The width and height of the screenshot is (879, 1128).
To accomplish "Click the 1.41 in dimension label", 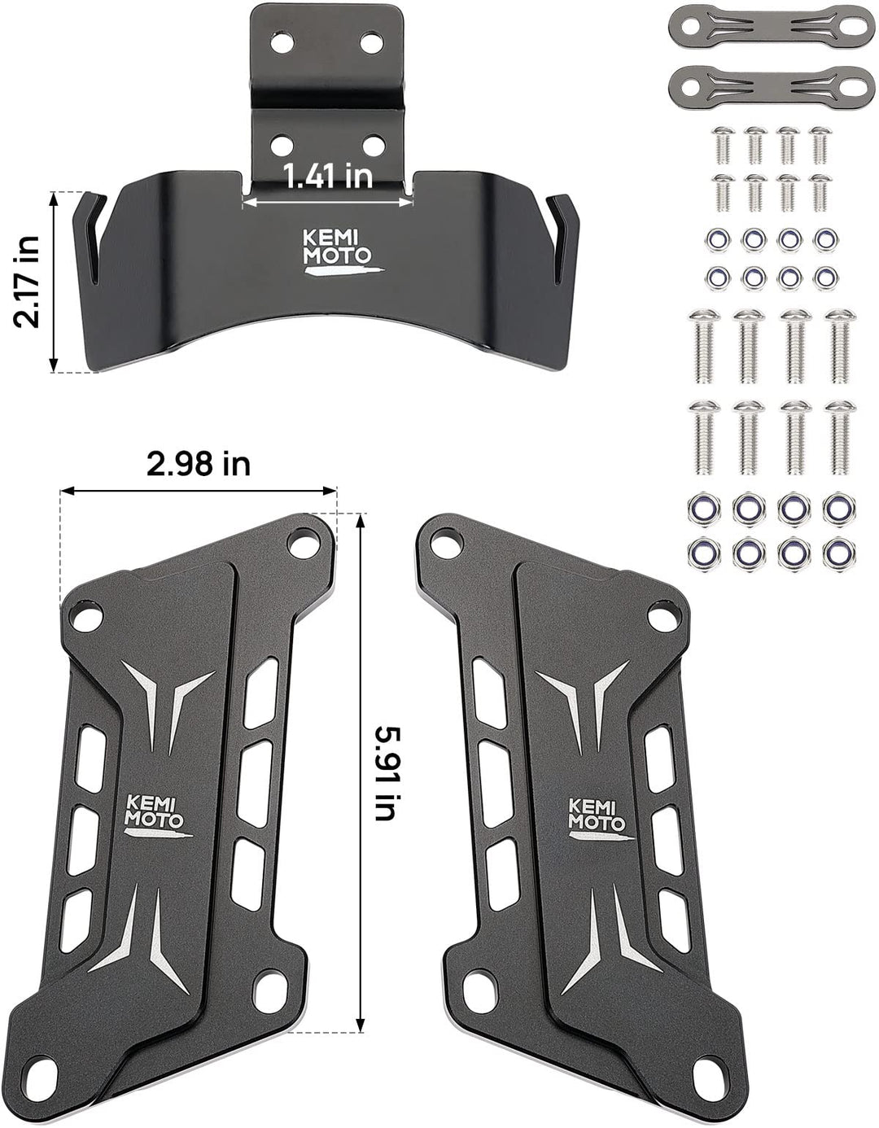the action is click(x=327, y=176).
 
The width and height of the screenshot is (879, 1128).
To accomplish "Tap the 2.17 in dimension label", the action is click(x=27, y=282).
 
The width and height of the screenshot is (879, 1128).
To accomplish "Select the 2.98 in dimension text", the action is click(x=199, y=464).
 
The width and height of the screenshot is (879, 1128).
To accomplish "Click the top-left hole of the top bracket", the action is click(x=282, y=42).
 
